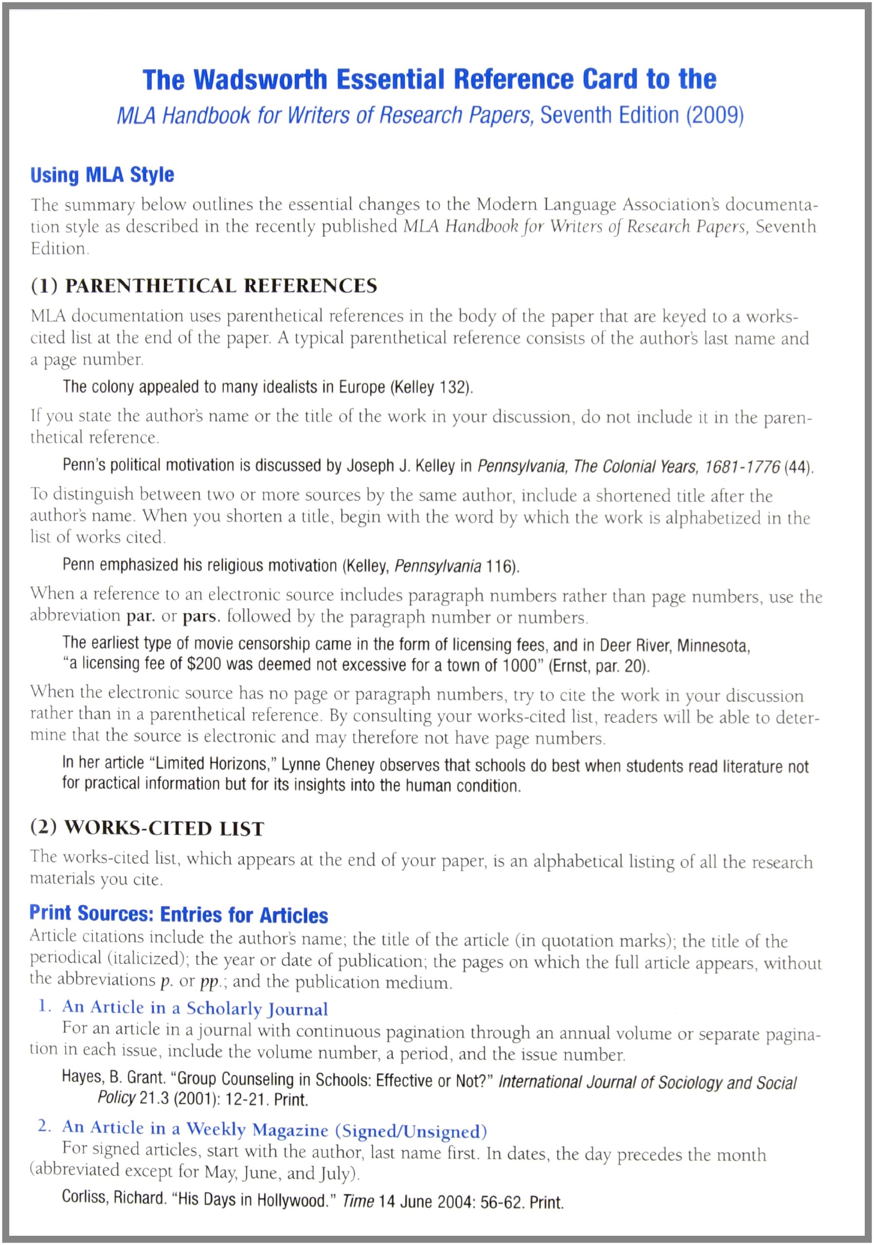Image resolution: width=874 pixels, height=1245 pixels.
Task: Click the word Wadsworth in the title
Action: tap(260, 80)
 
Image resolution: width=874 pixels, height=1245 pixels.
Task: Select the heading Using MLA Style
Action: tap(102, 175)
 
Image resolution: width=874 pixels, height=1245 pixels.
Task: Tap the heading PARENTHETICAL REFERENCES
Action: tap(221, 286)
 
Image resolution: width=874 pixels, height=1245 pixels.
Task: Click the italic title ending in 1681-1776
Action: tap(629, 466)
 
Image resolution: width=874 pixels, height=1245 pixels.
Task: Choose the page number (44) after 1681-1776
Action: tap(799, 467)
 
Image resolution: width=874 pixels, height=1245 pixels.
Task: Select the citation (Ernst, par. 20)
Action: tap(599, 666)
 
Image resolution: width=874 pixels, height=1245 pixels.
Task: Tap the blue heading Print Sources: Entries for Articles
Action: tap(179, 914)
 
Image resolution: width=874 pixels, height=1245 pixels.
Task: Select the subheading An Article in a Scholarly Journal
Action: tap(195, 1008)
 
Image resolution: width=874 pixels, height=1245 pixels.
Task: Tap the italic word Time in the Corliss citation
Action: tap(358, 1201)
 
